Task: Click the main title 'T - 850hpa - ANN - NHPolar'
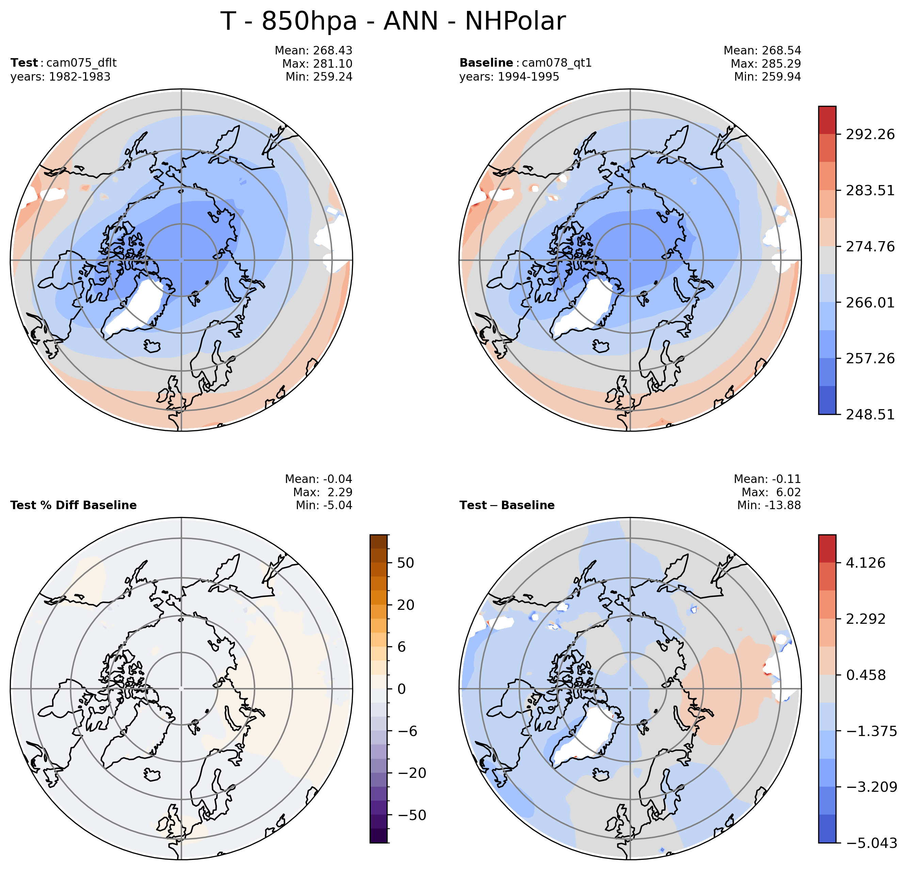coord(393,21)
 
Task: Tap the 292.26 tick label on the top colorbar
coord(870,134)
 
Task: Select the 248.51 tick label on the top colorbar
coord(870,414)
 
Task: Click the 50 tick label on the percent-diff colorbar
coord(406,563)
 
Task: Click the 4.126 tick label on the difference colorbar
coord(865,563)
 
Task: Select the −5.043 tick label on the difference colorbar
coord(871,843)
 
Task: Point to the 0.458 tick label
coord(865,675)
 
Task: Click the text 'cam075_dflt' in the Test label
coord(82,63)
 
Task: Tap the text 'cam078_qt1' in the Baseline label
coord(556,63)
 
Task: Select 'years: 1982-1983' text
coord(61,77)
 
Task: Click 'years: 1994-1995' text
coord(509,77)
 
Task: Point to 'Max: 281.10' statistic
coord(317,64)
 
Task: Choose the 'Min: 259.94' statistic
coord(767,77)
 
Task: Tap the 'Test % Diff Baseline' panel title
coord(74,505)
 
